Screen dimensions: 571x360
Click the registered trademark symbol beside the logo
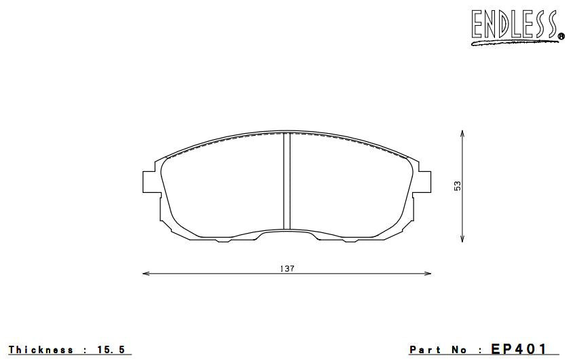[561, 37]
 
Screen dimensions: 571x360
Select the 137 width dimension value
[287, 269]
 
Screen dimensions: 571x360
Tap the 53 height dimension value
[458, 185]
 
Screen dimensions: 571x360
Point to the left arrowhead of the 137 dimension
[145, 273]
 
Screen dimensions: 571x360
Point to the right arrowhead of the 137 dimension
[428, 273]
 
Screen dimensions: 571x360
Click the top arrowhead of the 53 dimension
[462, 132]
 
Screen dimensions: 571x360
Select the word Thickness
[41, 350]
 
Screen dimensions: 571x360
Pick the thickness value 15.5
[111, 350]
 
